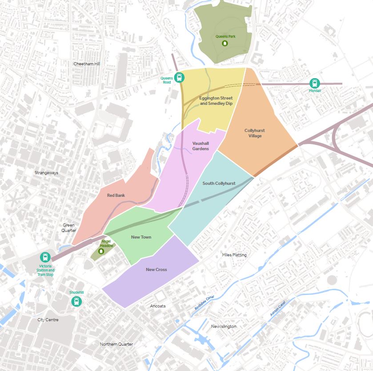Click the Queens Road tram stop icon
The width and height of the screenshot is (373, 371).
coord(179,77)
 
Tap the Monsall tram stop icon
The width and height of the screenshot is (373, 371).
coord(315,83)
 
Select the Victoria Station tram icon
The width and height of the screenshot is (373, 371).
coord(45,257)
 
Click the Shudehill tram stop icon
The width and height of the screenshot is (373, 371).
coord(77,302)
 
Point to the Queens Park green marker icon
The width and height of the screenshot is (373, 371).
coord(225,43)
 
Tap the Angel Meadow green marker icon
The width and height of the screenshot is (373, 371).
coord(101,251)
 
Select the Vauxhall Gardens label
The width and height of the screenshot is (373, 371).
coord(201,146)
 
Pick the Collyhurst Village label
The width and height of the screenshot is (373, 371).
coord(255,133)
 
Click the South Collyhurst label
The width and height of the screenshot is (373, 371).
coord(219,183)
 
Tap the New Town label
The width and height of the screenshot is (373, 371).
coord(141,237)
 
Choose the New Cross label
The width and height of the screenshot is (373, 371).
coord(156,270)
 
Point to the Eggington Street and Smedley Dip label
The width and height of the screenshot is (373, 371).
coord(216,100)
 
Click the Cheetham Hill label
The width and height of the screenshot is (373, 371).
coord(87,64)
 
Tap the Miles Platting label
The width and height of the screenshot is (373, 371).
coord(234,255)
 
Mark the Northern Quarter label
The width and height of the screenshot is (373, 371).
coord(116,344)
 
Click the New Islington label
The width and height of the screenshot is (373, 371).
coord(224,327)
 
